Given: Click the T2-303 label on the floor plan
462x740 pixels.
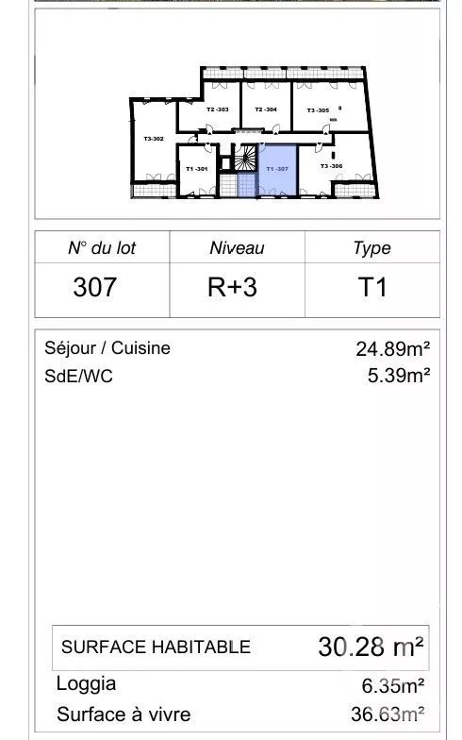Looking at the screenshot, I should [217, 109].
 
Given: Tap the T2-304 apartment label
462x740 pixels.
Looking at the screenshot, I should [265, 109].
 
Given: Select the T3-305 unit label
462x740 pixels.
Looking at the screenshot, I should [318, 110].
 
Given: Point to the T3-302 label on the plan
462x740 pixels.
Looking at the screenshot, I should [154, 139].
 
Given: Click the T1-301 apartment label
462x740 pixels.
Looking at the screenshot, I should [196, 168].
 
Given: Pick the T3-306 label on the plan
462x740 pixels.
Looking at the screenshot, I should [331, 166].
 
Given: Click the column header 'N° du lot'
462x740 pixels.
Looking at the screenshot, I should [102, 248].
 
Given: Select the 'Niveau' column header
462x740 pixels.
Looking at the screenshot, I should [237, 248].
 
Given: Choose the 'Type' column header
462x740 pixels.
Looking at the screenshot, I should [371, 248].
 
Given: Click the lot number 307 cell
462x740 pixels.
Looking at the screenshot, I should [95, 287].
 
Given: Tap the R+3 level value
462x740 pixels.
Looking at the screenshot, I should [232, 287].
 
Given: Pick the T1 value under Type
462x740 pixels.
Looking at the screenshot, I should [371, 287].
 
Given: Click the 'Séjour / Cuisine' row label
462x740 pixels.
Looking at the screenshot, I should [107, 347].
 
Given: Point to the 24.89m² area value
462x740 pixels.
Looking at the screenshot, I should [393, 347].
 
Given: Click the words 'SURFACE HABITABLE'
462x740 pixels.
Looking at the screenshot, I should [156, 647].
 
